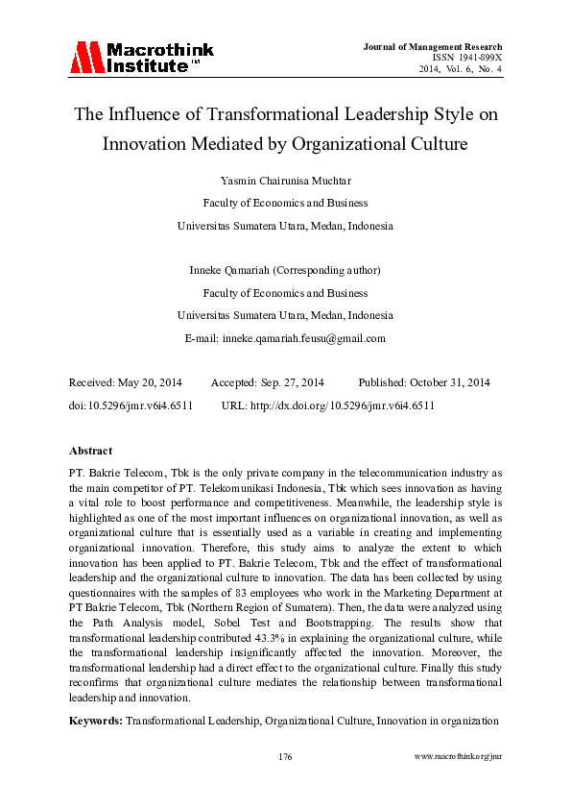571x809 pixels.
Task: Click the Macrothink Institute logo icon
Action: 84,58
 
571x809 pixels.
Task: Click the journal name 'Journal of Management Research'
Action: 434,47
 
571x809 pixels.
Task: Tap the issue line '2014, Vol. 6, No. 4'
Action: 460,69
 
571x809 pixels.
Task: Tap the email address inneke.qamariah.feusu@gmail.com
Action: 303,338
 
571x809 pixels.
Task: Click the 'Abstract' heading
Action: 91,451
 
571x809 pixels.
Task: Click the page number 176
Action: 285,757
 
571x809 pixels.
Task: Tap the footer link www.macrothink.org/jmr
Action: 459,757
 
